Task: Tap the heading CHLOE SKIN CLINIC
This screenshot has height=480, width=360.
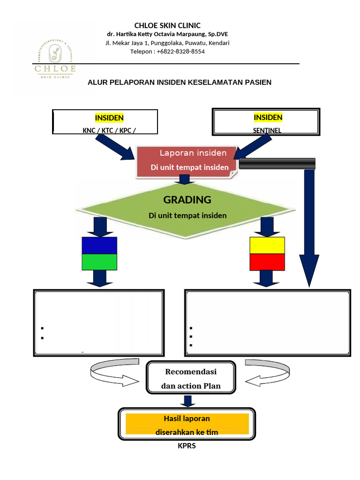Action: click(167, 25)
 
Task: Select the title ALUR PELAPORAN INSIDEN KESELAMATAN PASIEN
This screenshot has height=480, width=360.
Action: click(180, 82)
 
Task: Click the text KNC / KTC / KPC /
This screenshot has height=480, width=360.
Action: click(110, 131)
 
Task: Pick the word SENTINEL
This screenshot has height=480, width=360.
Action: click(267, 131)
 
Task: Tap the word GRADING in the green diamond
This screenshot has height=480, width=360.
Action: click(187, 200)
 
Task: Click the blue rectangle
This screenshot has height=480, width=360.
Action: click(99, 246)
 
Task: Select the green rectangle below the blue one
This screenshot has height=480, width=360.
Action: click(99, 262)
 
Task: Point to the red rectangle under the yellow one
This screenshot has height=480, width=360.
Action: click(267, 262)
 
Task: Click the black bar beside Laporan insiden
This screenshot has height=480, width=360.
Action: click(277, 164)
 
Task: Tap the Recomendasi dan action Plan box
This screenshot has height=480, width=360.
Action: click(191, 379)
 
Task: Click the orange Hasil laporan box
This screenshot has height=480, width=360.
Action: click(187, 424)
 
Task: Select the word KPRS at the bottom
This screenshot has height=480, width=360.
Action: click(187, 446)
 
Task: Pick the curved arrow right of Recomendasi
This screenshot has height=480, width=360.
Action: click(265, 374)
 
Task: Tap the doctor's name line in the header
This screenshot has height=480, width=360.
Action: click(167, 34)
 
